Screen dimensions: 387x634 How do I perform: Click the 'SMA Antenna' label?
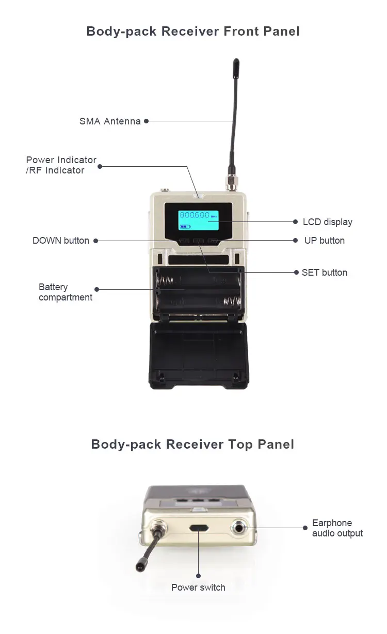pyautogui.click(x=110, y=121)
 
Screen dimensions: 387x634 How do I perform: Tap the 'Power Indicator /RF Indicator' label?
pyautogui.click(x=61, y=165)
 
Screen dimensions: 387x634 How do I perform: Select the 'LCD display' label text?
pyautogui.click(x=328, y=222)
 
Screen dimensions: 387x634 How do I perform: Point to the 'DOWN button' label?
pyautogui.click(x=61, y=241)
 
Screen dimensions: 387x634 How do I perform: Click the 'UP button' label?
pyautogui.click(x=325, y=241)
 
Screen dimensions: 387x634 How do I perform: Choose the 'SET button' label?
pyautogui.click(x=325, y=273)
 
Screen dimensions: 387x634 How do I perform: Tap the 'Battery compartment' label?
pyautogui.click(x=66, y=292)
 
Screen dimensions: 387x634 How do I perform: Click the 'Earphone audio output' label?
pyautogui.click(x=337, y=528)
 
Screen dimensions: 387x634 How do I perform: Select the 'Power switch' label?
pyautogui.click(x=198, y=588)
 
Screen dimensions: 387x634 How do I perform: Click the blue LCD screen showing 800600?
pyautogui.click(x=198, y=220)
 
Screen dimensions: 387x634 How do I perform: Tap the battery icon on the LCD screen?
pyautogui.click(x=185, y=227)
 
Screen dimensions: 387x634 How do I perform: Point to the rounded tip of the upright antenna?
pyautogui.click(x=236, y=61)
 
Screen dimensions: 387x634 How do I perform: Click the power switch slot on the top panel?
pyautogui.click(x=199, y=528)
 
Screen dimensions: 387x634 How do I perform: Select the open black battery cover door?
pyautogui.click(x=199, y=356)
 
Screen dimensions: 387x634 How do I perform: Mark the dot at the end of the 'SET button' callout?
pyautogui.click(x=296, y=272)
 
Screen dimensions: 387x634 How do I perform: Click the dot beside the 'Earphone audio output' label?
pyautogui.click(x=305, y=528)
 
